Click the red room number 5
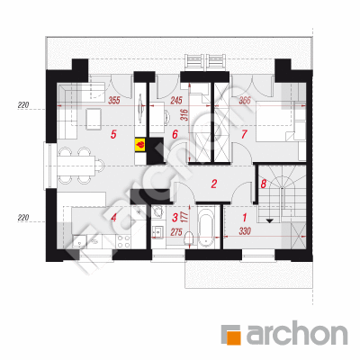tap(113, 134)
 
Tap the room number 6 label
tap(175, 134)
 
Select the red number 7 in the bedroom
tap(245, 134)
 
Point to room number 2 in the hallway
tap(213, 184)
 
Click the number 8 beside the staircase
tap(264, 184)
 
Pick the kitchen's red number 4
tap(113, 218)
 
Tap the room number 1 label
tap(245, 217)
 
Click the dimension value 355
tap(114, 100)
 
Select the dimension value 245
tap(176, 100)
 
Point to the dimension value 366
tap(245, 100)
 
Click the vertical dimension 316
tap(184, 114)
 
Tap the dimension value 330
tap(245, 231)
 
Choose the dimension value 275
tap(176, 232)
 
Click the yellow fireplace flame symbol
tap(140, 145)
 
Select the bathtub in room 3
tap(207, 227)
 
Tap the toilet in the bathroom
tap(189, 239)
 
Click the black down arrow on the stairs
tap(270, 220)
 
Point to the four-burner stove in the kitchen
tap(123, 241)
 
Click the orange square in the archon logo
tap(233, 337)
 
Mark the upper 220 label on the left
tap(23, 105)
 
